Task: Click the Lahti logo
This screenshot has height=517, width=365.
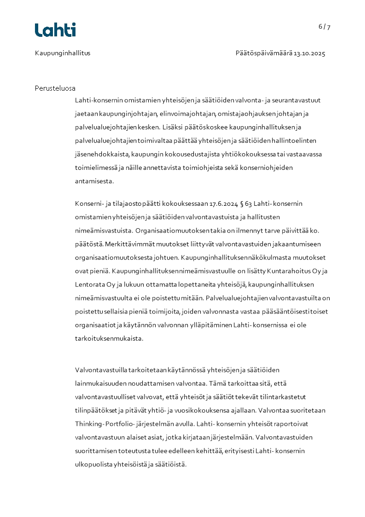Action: point(55,30)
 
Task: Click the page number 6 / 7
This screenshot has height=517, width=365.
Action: point(324,27)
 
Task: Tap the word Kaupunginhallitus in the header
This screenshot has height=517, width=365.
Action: point(63,53)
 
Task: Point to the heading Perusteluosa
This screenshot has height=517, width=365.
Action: point(55,88)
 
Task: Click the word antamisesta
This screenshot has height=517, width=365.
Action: point(94,181)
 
